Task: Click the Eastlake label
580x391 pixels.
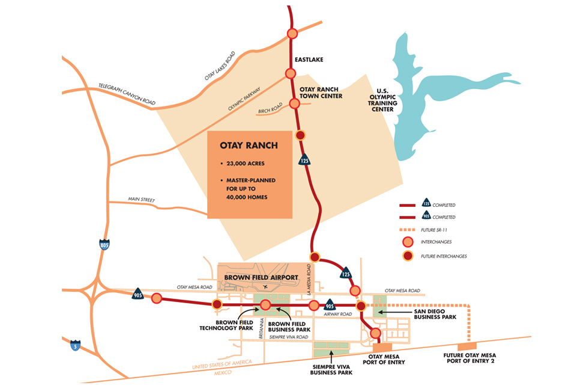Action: [310, 60]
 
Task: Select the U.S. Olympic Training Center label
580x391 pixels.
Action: [383, 102]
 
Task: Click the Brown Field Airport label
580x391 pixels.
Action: [261, 277]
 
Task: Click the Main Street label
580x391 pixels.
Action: [141, 199]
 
